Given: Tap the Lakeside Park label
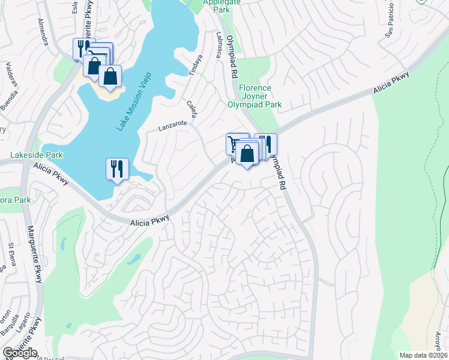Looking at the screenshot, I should tap(36, 155).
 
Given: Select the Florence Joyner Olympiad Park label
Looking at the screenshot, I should tap(255, 96).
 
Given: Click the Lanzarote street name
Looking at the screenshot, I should tap(173, 127).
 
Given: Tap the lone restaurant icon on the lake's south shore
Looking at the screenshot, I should tap(116, 168).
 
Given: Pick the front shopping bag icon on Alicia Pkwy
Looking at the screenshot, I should tap(247, 154).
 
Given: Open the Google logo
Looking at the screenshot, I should tap(20, 353).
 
